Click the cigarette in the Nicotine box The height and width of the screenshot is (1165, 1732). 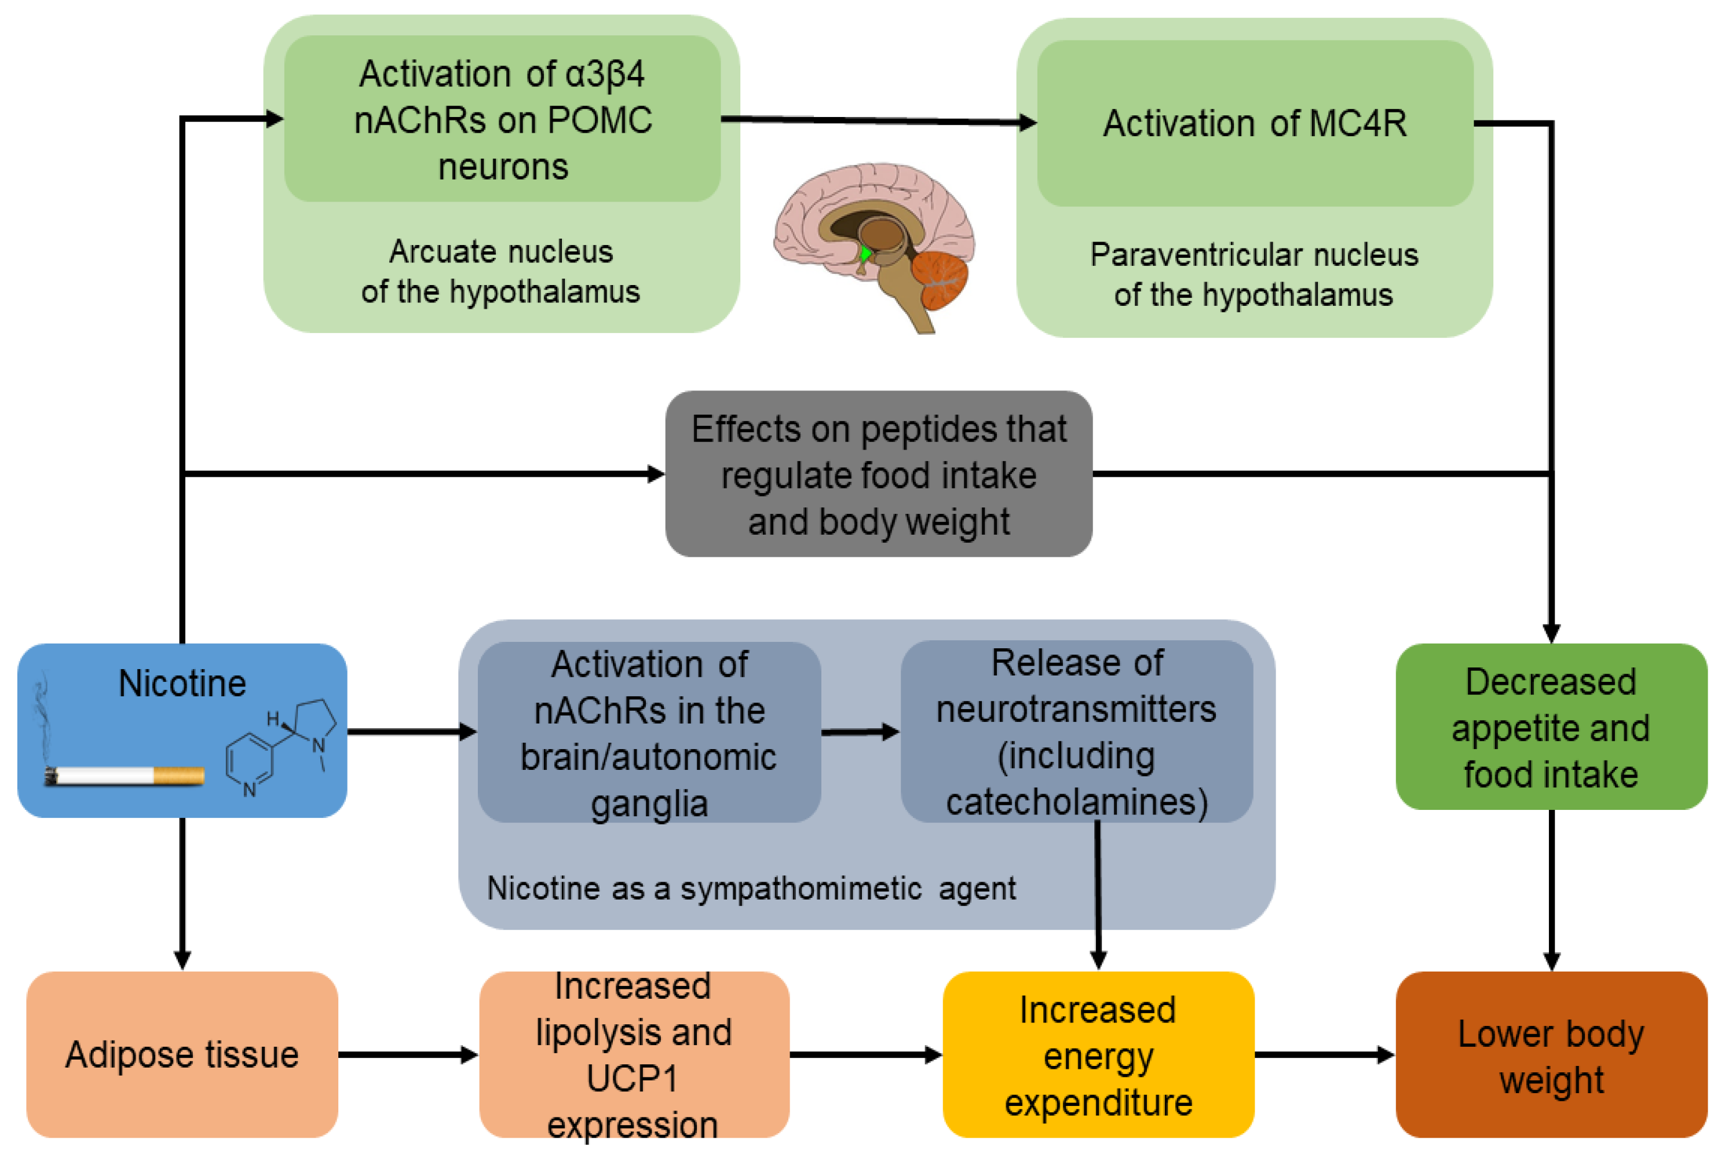coord(124,776)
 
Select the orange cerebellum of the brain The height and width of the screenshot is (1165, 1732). coord(941,279)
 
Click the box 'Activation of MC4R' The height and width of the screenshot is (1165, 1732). coord(1255,123)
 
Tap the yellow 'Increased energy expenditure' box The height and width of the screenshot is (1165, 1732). coord(1098,1055)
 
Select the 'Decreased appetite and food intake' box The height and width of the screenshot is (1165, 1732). coord(1551,728)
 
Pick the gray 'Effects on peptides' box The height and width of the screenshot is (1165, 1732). coord(879,474)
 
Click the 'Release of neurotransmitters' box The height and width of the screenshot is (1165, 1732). coord(1076,732)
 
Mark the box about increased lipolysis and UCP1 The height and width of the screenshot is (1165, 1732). coord(634,1055)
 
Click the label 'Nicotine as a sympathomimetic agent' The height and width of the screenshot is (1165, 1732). coord(751,889)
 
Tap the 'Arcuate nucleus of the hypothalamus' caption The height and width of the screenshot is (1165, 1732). coord(500,272)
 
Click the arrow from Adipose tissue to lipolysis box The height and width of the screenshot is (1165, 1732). coord(408,1054)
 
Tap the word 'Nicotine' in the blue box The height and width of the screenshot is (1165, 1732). coord(182,684)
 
